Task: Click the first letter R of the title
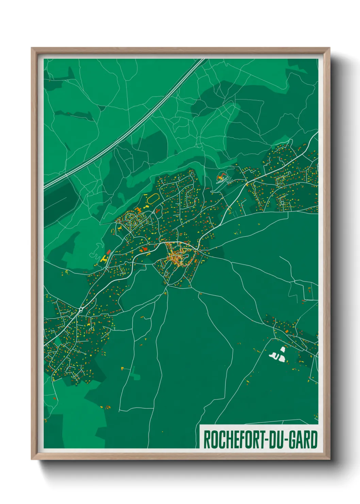point(207,440)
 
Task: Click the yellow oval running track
point(153,199)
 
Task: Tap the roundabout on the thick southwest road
point(81,309)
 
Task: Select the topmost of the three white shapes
point(282,350)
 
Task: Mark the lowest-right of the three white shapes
point(282,358)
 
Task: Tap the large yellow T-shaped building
point(103,258)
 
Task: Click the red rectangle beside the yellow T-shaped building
point(109,252)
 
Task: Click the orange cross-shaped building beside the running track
point(139,208)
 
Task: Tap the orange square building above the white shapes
point(287,331)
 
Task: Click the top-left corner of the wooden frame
point(32,48)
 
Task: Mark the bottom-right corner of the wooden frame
point(329,460)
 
